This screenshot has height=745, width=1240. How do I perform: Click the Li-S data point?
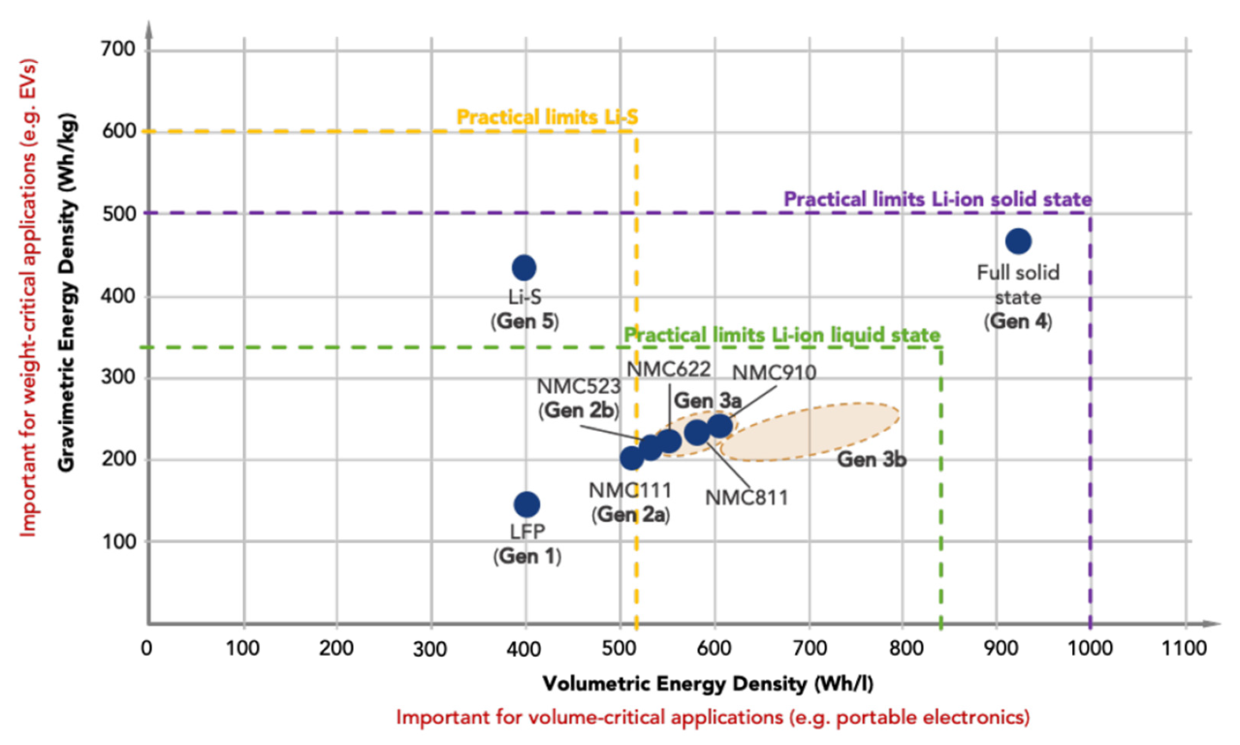tap(524, 268)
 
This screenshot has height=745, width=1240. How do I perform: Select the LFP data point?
tap(526, 504)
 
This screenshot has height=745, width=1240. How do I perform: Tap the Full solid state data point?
tap(1018, 241)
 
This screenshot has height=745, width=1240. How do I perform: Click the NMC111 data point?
tap(631, 458)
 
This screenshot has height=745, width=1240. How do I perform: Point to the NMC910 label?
tap(774, 372)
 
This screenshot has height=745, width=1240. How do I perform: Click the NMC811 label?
tap(747, 498)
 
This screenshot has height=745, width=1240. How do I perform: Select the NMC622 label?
tap(668, 369)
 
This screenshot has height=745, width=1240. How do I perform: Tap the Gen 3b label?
tap(872, 460)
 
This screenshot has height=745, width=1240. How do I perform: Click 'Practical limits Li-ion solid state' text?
tap(938, 199)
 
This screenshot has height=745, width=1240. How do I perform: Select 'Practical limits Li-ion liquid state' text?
tap(782, 335)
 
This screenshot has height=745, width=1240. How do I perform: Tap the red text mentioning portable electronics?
tap(713, 718)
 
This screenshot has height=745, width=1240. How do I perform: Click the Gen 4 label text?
tap(1018, 321)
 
